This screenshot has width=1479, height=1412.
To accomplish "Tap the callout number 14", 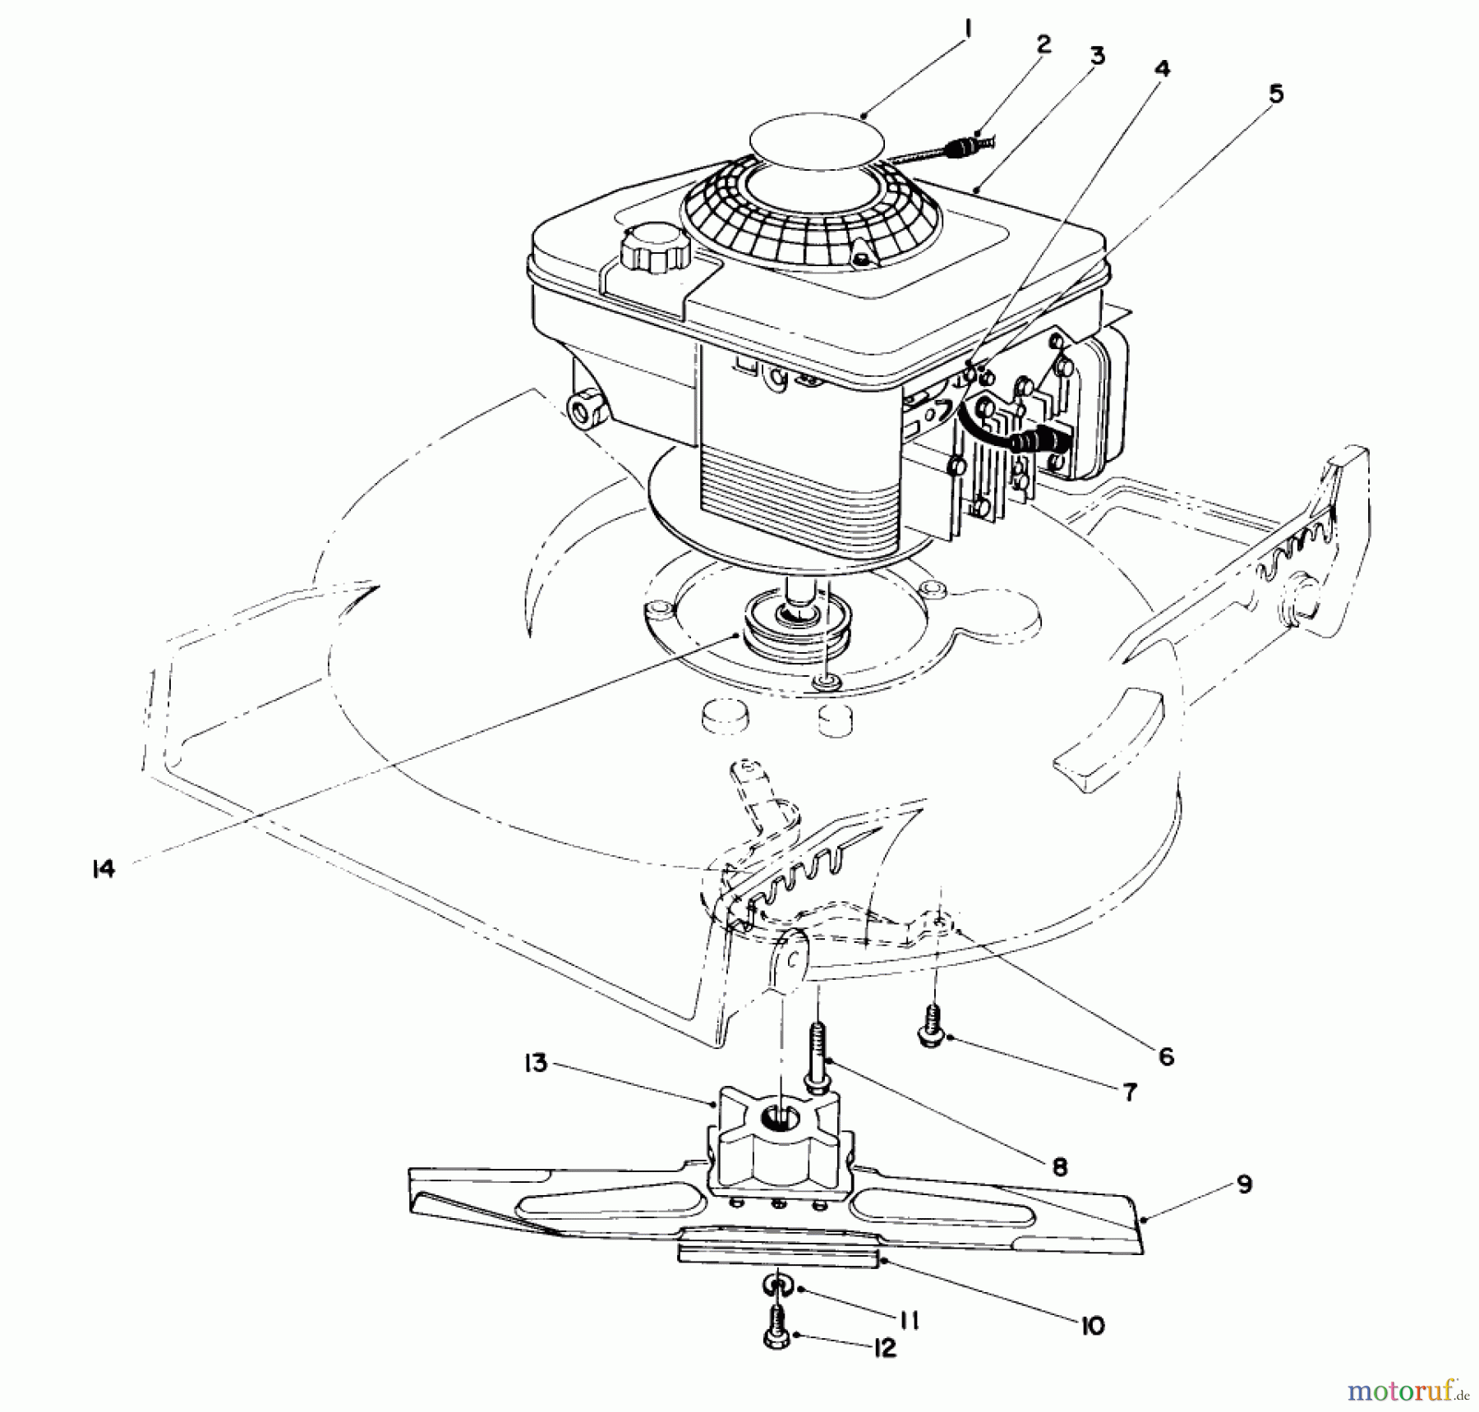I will pos(104,869).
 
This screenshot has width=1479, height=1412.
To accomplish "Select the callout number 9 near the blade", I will pos(1244,1184).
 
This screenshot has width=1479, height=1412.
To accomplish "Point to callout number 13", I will pos(536,1063).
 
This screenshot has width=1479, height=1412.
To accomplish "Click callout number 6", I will pos(1166,1056).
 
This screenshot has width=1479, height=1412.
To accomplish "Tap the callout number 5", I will pos(1275,94).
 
